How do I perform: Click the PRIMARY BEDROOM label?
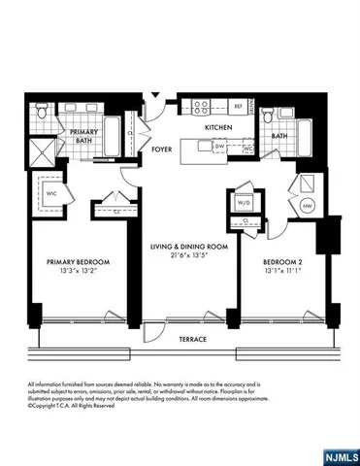[79, 262]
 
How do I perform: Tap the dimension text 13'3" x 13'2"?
[79, 272]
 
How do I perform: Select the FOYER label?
[162, 150]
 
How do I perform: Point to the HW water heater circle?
[307, 206]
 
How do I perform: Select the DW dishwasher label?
[220, 147]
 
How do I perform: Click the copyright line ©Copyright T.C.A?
[66, 405]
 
